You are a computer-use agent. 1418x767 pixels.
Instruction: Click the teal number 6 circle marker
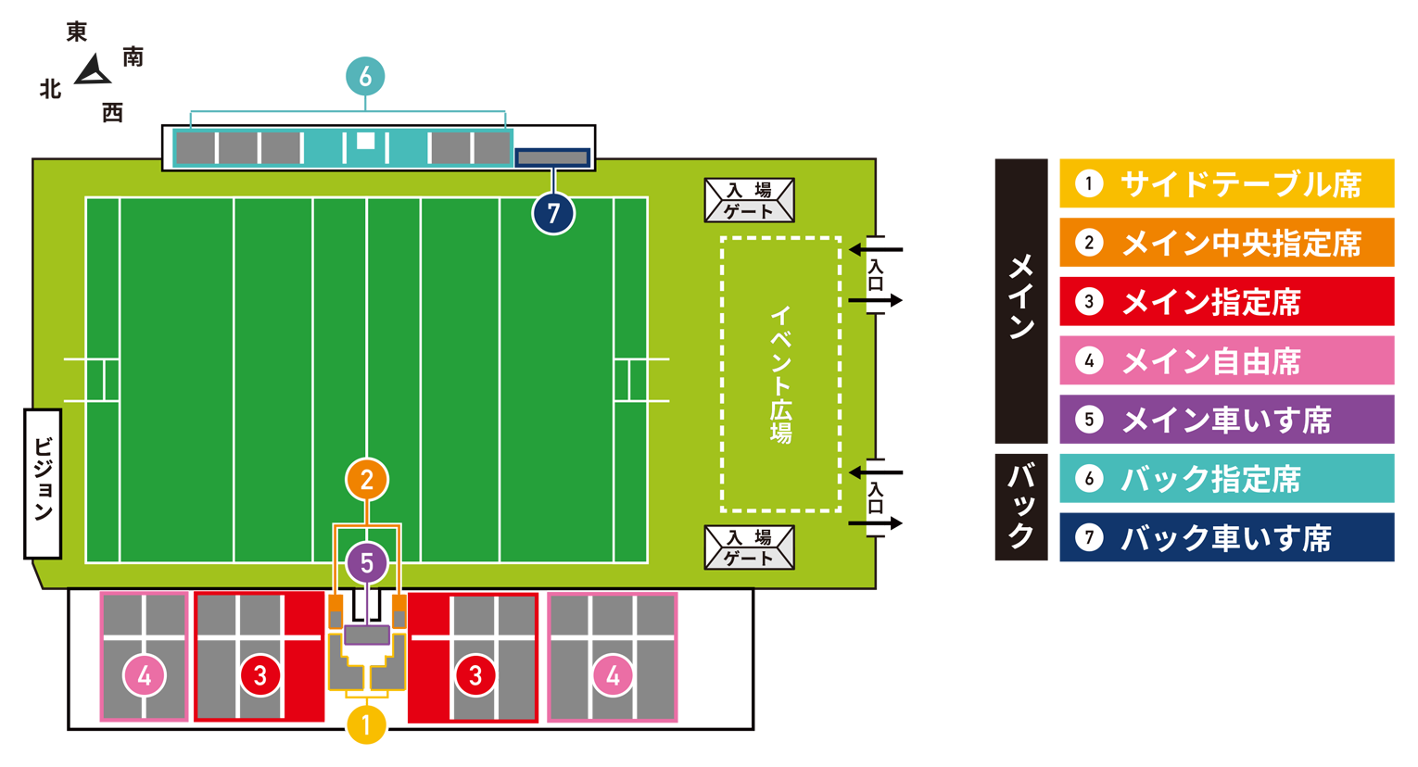point(365,77)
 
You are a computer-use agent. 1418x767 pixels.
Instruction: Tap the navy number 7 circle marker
point(553,213)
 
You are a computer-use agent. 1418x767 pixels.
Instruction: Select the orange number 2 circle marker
point(366,480)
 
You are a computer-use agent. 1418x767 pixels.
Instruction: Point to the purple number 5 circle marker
point(366,563)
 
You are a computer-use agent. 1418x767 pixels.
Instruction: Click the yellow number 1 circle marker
point(366,724)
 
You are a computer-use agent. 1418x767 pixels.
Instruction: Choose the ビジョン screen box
point(43,484)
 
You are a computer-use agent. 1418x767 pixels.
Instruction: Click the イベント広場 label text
point(780,374)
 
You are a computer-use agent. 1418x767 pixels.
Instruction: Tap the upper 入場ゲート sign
point(750,200)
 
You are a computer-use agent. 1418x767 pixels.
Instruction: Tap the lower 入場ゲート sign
point(750,547)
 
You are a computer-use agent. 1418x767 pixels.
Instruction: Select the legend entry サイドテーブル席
point(1227,183)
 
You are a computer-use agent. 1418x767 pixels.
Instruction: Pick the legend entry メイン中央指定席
point(1227,243)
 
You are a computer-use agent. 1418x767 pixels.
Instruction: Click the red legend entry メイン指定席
point(1227,301)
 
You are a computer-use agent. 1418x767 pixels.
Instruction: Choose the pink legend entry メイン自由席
point(1227,360)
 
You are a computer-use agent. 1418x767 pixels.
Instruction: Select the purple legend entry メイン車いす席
point(1227,419)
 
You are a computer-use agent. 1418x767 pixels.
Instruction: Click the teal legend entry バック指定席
point(1227,478)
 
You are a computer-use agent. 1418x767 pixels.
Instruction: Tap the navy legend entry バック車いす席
point(1227,537)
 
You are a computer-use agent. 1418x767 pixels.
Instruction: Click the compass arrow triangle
point(94,71)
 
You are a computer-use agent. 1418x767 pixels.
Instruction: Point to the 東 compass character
point(77,31)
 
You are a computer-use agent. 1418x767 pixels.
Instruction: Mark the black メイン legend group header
point(1021,301)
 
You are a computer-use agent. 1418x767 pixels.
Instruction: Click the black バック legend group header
point(1021,507)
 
